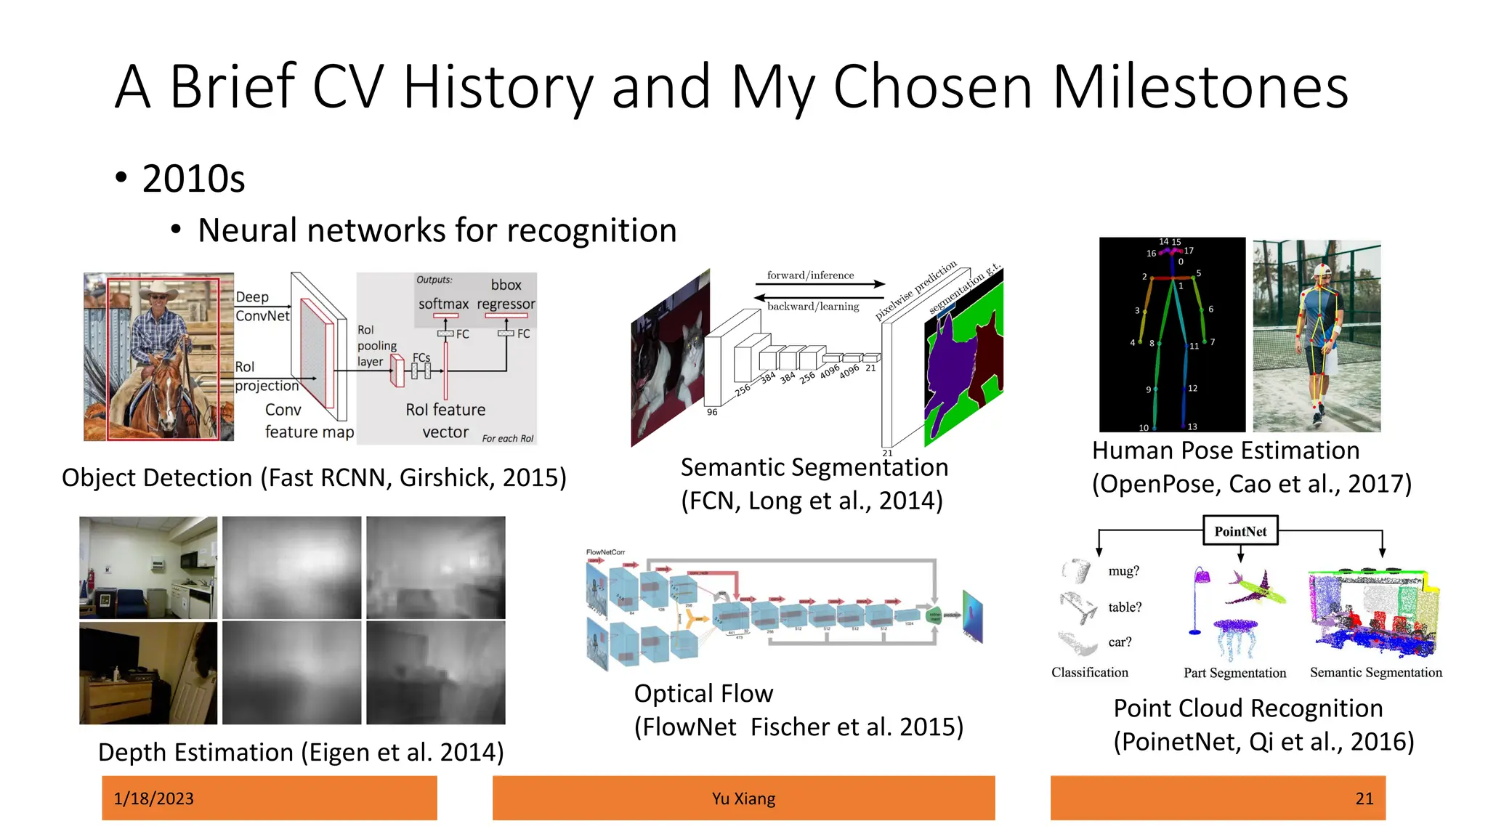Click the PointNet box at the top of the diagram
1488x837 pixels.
[1240, 531]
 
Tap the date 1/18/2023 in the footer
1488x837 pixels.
[153, 798]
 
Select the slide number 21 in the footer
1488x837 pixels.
[1364, 798]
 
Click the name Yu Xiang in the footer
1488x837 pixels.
[743, 798]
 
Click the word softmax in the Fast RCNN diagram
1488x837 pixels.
[443, 304]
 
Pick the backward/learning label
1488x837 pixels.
[813, 307]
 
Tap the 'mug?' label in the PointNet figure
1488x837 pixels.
[1123, 571]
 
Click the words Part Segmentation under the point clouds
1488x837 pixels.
[1234, 673]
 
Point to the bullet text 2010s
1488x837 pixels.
[193, 179]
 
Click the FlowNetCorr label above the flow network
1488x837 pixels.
[605, 552]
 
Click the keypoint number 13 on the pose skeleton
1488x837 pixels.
[1192, 426]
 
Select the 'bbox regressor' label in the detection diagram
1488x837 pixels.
[506, 294]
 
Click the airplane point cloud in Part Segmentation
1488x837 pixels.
[1255, 589]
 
